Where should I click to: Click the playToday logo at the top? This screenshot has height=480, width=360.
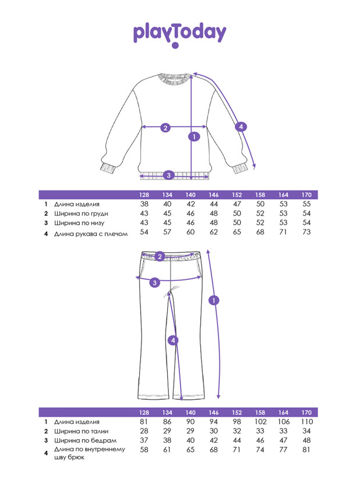[179, 34]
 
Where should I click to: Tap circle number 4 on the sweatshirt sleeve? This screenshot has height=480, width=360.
[241, 127]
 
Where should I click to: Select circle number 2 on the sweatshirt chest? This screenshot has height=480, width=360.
[165, 128]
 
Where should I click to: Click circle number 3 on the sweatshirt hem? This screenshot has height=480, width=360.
[168, 175]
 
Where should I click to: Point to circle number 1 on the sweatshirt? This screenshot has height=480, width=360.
[194, 136]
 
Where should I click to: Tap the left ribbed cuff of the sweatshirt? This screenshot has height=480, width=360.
[108, 168]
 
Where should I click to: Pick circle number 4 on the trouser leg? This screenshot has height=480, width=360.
[173, 340]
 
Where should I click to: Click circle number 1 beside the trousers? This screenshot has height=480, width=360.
[214, 301]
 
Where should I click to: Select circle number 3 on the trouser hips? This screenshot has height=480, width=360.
[154, 283]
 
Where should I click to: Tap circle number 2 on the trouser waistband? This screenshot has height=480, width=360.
[160, 256]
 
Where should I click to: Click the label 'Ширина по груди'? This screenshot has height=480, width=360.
[81, 214]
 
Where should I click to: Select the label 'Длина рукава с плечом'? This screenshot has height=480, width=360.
[91, 234]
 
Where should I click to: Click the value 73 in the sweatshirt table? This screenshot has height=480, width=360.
[306, 232]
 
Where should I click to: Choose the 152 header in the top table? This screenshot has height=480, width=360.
[237, 195]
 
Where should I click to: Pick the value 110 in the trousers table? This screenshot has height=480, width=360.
[307, 422]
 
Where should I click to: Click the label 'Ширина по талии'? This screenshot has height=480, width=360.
[81, 431]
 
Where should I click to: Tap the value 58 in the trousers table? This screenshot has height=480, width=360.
[144, 450]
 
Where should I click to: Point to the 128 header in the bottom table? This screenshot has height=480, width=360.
[144, 412]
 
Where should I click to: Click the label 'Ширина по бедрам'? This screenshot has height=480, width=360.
[85, 441]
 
